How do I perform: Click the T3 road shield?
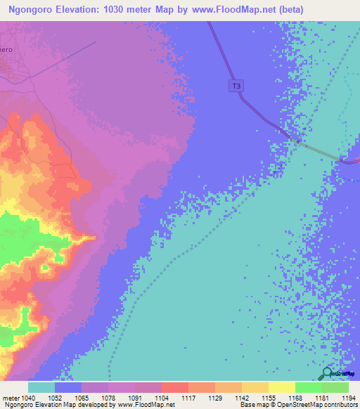point(236,86)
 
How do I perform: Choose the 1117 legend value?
point(188,397)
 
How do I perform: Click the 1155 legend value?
point(269,397)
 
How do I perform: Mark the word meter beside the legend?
point(10,397)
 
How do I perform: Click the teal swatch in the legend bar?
point(41,387)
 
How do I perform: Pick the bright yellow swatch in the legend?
point(281,387)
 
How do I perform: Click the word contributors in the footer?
point(339,405)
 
